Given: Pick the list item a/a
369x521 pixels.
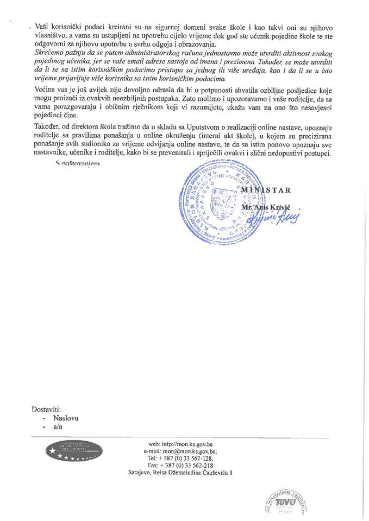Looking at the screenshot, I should tap(58, 428).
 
